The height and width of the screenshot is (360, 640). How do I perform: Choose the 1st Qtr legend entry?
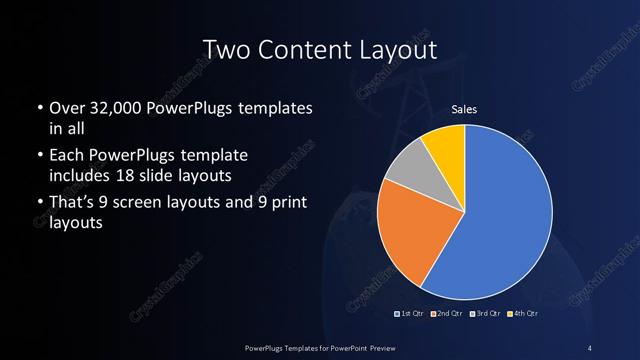coord(411,314)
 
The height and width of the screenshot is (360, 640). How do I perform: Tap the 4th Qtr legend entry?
coord(522,314)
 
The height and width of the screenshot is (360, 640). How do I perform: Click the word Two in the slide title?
coord(224,50)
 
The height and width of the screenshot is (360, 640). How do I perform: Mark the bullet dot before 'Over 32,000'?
coord(38,108)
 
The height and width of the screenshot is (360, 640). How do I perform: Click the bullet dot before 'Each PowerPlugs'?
coord(38,156)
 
